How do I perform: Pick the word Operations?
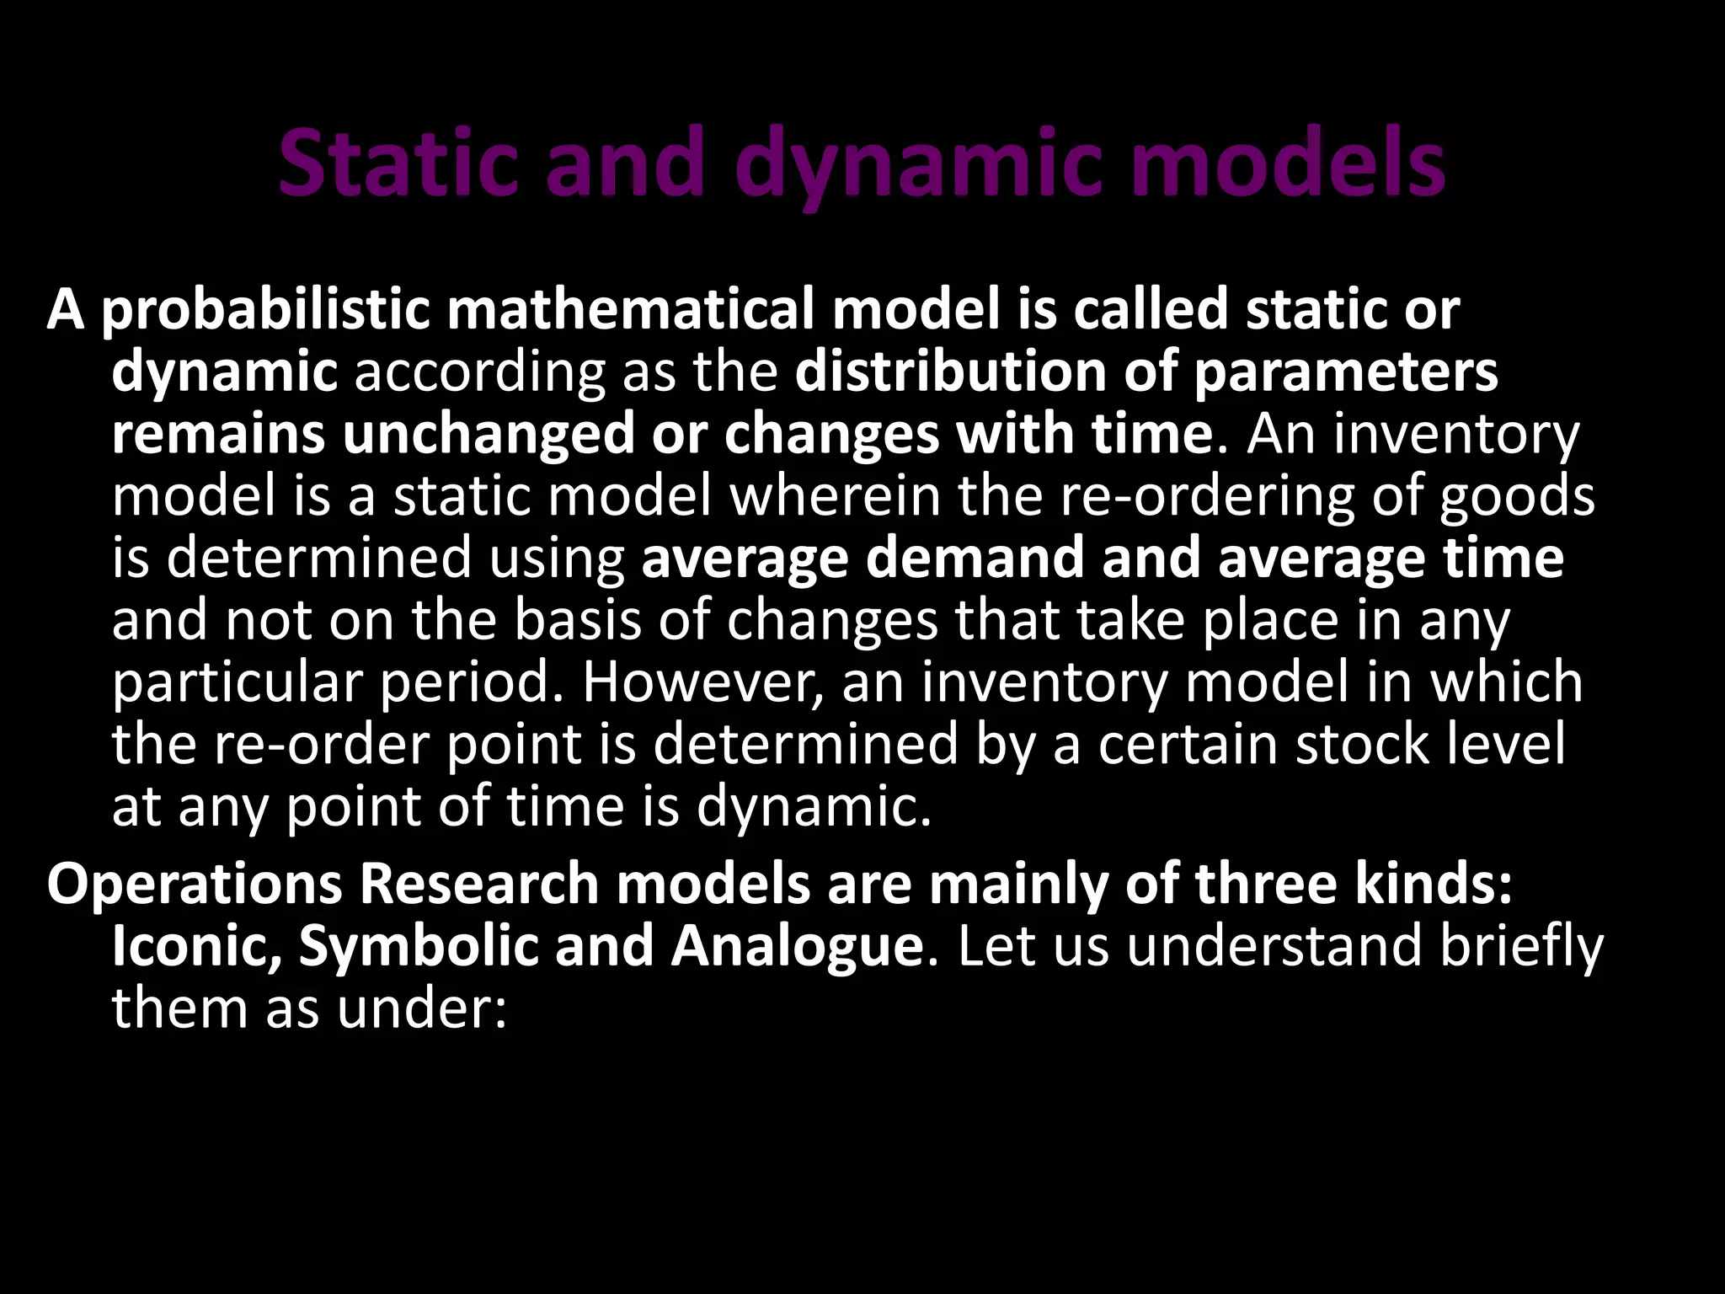tap(195, 885)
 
